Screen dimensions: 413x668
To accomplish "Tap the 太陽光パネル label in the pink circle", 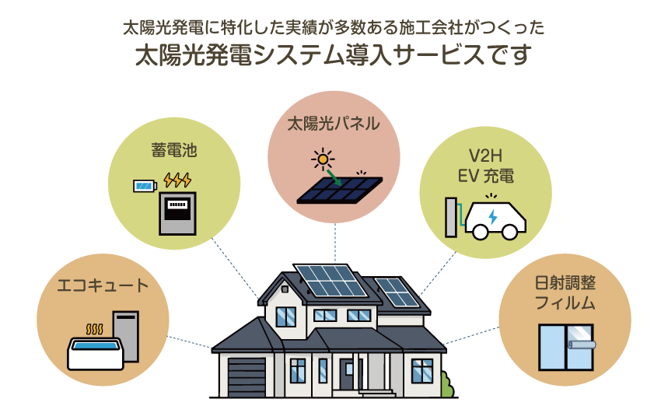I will point(333,123).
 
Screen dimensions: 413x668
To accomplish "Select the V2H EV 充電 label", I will point(485,165).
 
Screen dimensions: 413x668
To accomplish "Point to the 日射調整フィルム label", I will point(565,292).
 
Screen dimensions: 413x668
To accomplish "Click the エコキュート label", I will point(103,285).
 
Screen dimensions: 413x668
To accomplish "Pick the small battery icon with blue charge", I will point(145,185).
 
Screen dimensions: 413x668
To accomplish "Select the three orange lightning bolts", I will point(177,180).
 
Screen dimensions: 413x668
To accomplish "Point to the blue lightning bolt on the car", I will point(492,215).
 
